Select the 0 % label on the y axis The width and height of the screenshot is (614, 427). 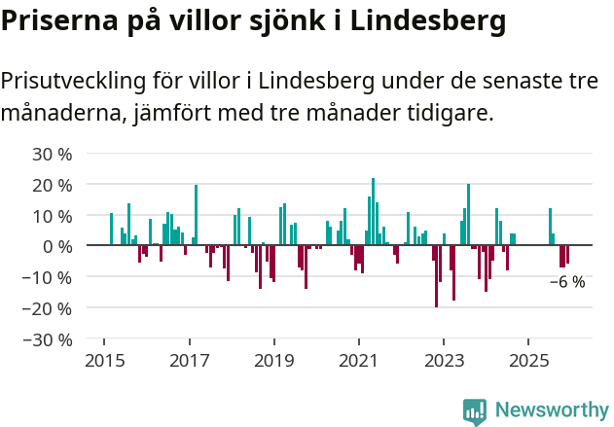57,246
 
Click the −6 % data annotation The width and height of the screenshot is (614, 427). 567,282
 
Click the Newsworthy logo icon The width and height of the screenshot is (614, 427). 475,411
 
